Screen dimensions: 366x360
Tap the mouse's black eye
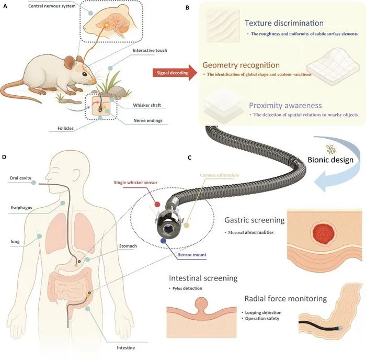(x=85, y=74)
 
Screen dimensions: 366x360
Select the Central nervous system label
(x=52, y=6)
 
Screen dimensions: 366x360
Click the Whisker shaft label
(x=147, y=105)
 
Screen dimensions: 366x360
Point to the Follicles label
(x=65, y=128)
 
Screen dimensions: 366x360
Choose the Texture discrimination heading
(x=284, y=23)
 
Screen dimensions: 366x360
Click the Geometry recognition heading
(x=241, y=65)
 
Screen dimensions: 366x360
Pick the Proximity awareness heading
(x=285, y=105)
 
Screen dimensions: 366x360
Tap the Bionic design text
(x=330, y=160)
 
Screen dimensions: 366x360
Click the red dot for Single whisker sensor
(x=157, y=205)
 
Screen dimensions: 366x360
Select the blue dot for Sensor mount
(x=163, y=241)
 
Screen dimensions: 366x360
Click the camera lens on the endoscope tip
(x=168, y=229)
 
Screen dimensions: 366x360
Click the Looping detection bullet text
(x=263, y=312)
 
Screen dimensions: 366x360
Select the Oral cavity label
(x=20, y=178)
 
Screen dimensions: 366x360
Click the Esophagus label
(x=21, y=208)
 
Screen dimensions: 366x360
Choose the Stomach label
(x=128, y=246)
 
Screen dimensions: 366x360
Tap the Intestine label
(x=126, y=347)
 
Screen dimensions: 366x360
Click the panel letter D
(x=4, y=157)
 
